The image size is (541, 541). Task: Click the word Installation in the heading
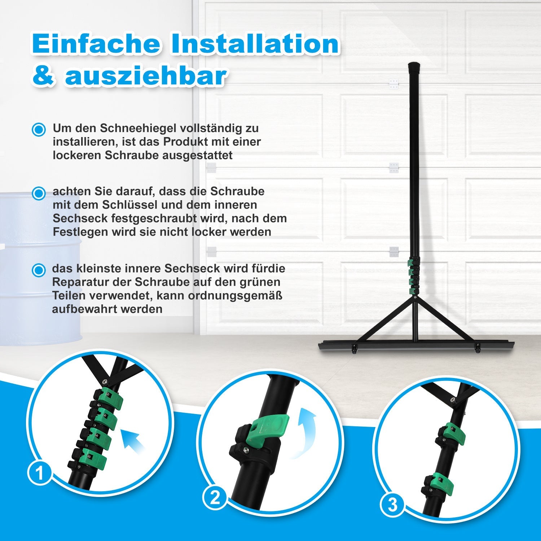tap(255, 44)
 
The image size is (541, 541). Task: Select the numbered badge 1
tap(39, 473)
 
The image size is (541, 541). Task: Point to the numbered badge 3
tap(392, 505)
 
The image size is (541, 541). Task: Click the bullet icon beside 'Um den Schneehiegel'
tap(39, 129)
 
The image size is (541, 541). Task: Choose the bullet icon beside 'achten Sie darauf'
tap(39, 193)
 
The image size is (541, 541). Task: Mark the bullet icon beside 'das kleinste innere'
tap(39, 270)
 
